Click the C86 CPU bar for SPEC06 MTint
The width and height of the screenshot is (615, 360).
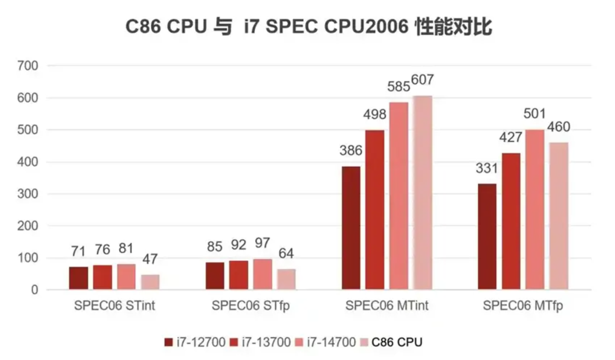coord(423,193)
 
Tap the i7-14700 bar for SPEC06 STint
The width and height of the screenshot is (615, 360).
coord(126,277)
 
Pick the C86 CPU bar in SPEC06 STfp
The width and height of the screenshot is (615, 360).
coord(286,279)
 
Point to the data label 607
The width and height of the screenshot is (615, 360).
coord(423,80)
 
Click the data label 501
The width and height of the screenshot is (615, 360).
coord(535,114)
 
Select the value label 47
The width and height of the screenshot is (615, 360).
coord(150,259)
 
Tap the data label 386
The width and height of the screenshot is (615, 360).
coord(351,150)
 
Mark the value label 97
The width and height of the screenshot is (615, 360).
coord(262,243)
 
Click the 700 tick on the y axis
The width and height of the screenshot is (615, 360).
coord(28,66)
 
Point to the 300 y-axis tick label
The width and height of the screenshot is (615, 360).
coord(28,194)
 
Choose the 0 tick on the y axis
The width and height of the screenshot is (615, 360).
coord(34,290)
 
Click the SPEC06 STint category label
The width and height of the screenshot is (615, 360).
coord(115,306)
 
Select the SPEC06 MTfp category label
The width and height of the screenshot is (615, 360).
coord(523,306)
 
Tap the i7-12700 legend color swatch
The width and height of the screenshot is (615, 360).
coord(169,342)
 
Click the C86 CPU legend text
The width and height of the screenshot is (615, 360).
coord(397,342)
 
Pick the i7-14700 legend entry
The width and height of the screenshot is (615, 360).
coord(326,342)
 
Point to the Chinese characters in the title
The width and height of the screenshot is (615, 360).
coord(454,26)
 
